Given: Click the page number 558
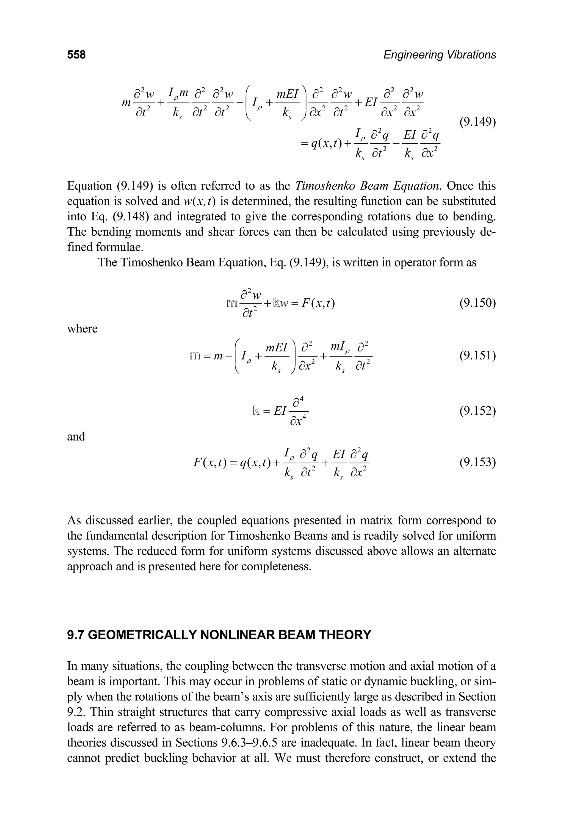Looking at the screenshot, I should (x=76, y=55).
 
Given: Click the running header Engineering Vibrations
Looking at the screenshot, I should (x=440, y=55).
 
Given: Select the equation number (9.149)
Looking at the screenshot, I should (x=478, y=122).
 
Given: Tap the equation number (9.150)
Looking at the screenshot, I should (x=478, y=303).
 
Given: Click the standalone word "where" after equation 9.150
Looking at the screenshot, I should (x=82, y=328).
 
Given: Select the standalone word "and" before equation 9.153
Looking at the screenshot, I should (x=76, y=436).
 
